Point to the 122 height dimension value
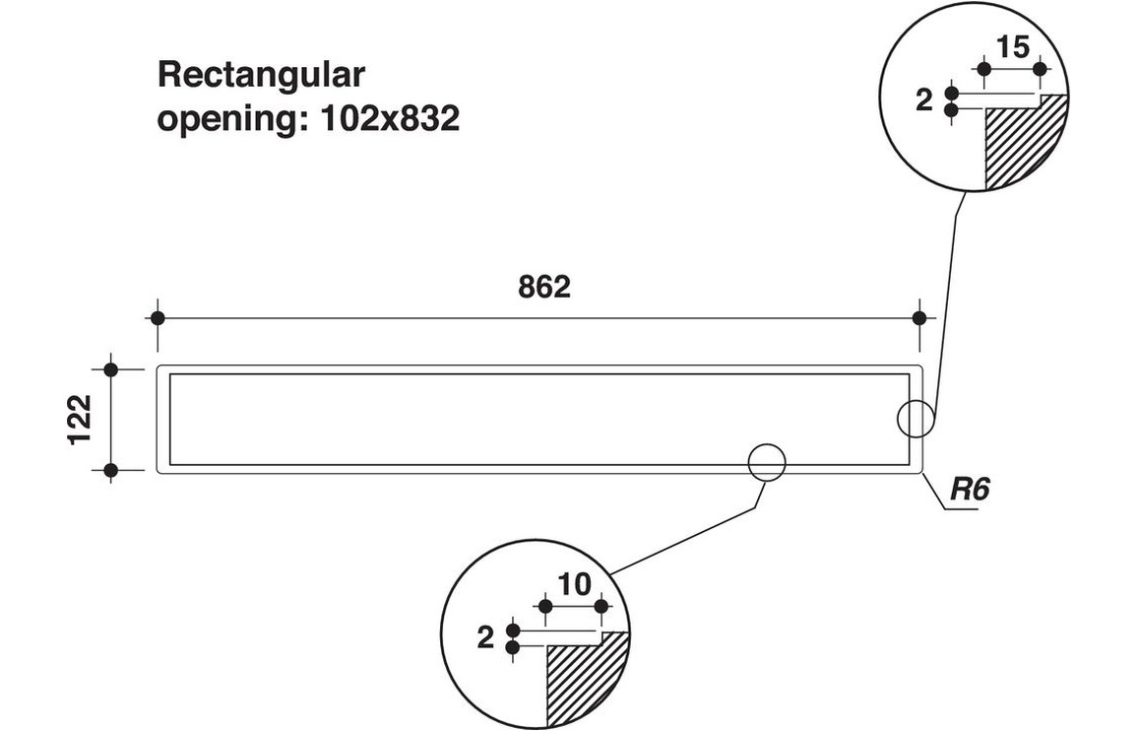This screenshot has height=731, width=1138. point(81,420)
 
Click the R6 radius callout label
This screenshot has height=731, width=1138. point(968,490)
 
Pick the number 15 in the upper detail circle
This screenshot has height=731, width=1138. point(1012,46)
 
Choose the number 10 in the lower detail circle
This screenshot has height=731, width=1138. point(574,584)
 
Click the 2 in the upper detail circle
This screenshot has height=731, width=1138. point(923,100)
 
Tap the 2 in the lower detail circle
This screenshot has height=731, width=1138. point(484,638)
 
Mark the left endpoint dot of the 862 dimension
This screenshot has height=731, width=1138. point(157,317)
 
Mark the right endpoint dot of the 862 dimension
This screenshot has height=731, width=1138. point(919,317)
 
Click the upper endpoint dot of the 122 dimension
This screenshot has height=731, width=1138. point(110,369)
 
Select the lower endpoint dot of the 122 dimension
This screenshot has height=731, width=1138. point(110,471)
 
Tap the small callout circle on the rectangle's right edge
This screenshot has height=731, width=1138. point(915,419)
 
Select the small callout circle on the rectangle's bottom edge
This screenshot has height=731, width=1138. point(767,461)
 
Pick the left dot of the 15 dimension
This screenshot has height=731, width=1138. point(982,69)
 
